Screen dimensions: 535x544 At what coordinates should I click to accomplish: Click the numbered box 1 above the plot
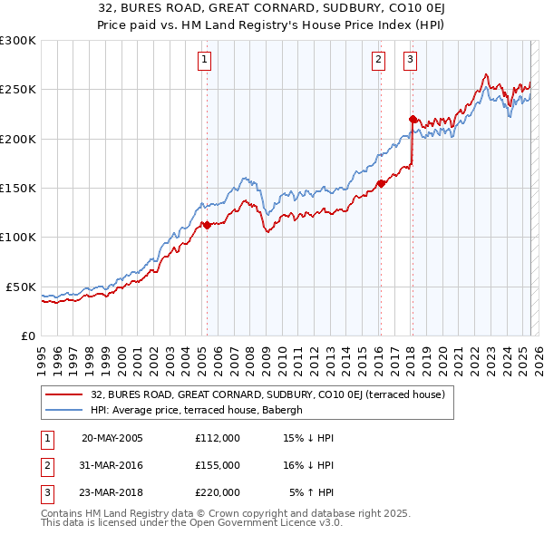[x=205, y=61]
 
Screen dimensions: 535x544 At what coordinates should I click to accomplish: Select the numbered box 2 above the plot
[x=377, y=61]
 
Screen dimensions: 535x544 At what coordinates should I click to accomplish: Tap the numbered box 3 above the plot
[x=410, y=61]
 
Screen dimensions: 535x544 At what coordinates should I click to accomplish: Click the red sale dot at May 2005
[x=207, y=226]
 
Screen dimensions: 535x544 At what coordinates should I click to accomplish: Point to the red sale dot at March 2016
[x=381, y=183]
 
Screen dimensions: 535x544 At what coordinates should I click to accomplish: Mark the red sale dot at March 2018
[x=413, y=119]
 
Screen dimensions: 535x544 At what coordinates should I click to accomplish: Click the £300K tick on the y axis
[x=18, y=41]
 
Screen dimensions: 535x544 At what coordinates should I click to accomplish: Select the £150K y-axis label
[x=18, y=189]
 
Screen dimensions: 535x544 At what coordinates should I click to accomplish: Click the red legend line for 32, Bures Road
[x=63, y=394]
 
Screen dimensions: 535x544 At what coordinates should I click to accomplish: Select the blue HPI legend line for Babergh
[x=63, y=410]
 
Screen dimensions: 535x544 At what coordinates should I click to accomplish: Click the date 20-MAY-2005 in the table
[x=112, y=438]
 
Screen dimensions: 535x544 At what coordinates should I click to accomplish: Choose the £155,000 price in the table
[x=218, y=465]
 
